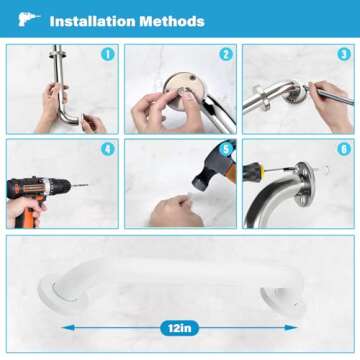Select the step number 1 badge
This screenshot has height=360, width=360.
click(x=108, y=54)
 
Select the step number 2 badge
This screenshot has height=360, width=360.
click(x=226, y=54)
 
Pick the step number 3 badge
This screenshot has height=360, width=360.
click(x=344, y=54)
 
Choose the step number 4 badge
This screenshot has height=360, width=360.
click(x=108, y=151)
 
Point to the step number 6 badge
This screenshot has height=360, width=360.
click(x=344, y=151)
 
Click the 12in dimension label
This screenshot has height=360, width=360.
click(x=180, y=326)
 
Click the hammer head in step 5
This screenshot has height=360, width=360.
click(x=205, y=170)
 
